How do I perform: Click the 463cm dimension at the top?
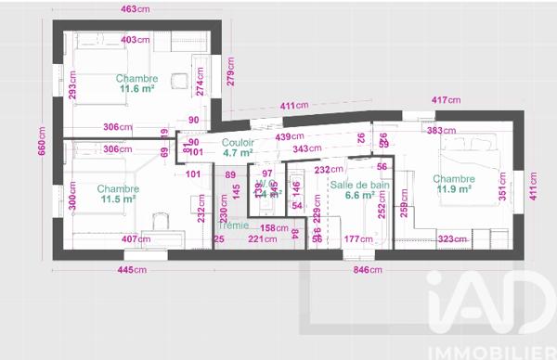(x=135, y=8)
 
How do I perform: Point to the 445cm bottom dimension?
(x=132, y=270)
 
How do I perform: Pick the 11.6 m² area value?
(x=136, y=89)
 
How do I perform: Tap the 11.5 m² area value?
(x=118, y=199)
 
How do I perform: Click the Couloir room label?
(x=238, y=142)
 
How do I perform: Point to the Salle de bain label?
(x=358, y=185)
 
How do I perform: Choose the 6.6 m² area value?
(x=358, y=196)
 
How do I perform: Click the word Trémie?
(x=233, y=225)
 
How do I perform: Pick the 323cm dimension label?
(x=451, y=239)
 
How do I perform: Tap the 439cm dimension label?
(x=292, y=137)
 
